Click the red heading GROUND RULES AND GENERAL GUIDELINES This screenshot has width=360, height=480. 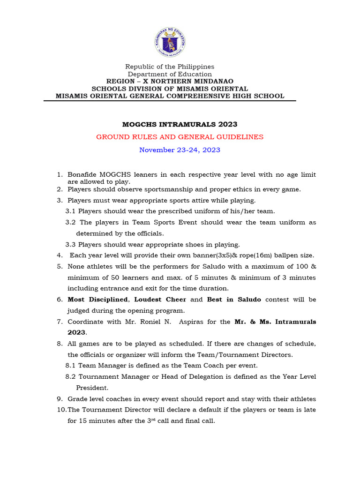point(180,137)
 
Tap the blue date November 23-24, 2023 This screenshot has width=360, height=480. point(180,150)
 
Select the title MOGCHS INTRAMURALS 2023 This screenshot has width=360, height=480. point(180,124)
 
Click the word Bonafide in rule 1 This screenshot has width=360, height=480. point(82,175)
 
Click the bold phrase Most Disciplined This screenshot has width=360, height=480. point(97,299)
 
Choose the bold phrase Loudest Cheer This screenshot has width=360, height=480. point(160,299)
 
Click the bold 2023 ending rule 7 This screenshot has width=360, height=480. point(76,332)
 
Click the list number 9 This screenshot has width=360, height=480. point(60,399)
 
